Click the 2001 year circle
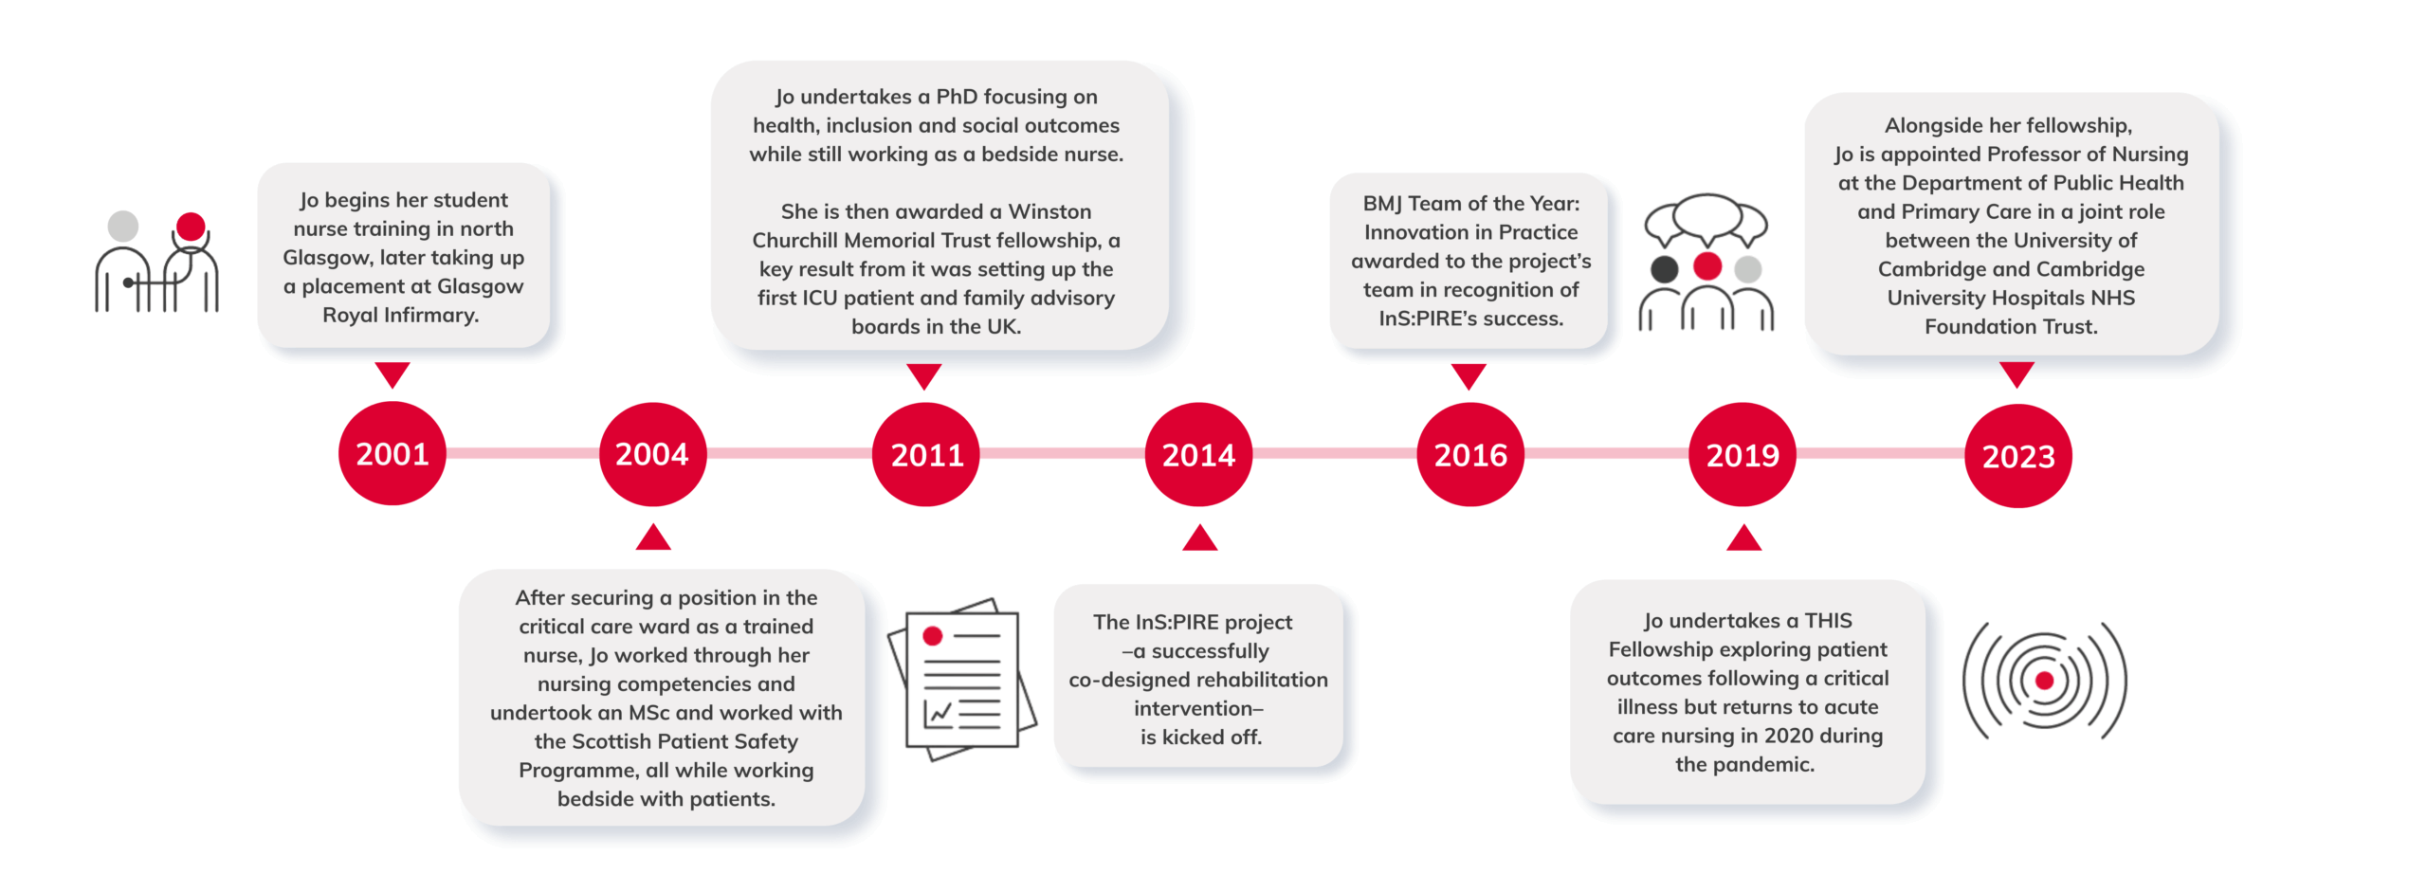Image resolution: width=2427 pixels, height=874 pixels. click(x=392, y=453)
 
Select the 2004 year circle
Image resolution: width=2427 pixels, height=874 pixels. click(x=652, y=454)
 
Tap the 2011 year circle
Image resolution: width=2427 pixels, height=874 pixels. click(x=925, y=454)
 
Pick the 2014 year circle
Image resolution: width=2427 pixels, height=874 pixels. click(x=1198, y=454)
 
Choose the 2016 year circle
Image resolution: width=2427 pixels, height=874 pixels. click(x=1469, y=454)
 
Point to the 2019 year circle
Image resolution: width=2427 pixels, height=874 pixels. click(x=1743, y=454)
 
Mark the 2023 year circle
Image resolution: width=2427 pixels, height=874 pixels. click(x=2017, y=455)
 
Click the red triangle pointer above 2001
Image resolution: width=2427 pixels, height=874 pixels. click(x=392, y=373)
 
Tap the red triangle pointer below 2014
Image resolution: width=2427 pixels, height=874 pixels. click(x=1199, y=539)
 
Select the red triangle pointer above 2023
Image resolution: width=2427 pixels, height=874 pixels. click(x=2016, y=373)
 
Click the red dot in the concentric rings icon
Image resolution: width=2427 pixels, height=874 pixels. click(x=2044, y=680)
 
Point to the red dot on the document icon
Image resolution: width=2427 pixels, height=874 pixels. click(x=933, y=636)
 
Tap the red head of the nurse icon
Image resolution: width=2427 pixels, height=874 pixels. click(x=191, y=226)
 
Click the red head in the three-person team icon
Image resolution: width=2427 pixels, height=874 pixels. click(x=1706, y=266)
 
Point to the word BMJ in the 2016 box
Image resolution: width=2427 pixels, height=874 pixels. click(x=1382, y=204)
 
